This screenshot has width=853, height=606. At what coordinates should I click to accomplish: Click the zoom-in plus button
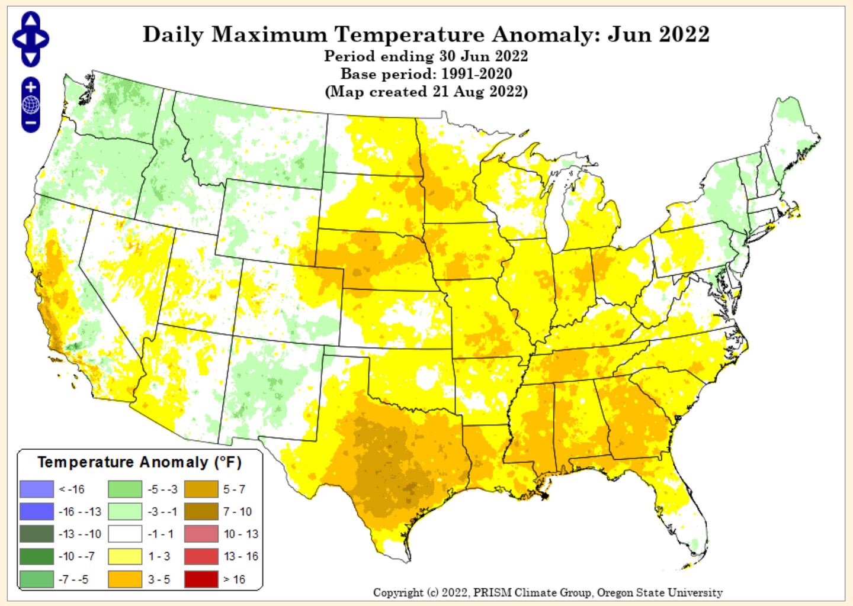(31, 87)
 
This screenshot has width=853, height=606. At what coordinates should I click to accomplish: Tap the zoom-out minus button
(31, 124)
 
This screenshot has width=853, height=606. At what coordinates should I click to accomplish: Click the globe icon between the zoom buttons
(31, 105)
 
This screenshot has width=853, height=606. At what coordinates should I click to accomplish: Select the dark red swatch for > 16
(201, 579)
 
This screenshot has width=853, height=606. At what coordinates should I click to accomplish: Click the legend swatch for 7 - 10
(201, 512)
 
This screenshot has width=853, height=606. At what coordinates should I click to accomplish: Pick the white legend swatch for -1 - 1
(125, 534)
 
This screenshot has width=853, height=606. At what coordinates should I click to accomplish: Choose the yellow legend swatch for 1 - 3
(125, 557)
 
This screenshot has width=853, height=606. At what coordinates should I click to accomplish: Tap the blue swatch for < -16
(36, 489)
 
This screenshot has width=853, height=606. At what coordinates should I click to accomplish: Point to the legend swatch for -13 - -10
(36, 534)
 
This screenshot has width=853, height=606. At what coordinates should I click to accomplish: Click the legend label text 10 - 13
(240, 534)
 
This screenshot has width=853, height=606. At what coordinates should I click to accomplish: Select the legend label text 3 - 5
(159, 579)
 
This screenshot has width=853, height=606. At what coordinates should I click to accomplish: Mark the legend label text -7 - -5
(73, 579)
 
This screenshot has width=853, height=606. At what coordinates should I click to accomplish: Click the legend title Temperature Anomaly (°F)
(140, 462)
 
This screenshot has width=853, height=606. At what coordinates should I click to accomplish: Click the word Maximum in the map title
(269, 34)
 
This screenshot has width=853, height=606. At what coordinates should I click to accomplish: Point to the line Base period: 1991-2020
(426, 74)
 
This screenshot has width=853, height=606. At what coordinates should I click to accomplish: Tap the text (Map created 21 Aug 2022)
(426, 92)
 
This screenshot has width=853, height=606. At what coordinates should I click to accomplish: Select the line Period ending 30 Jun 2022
(426, 56)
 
